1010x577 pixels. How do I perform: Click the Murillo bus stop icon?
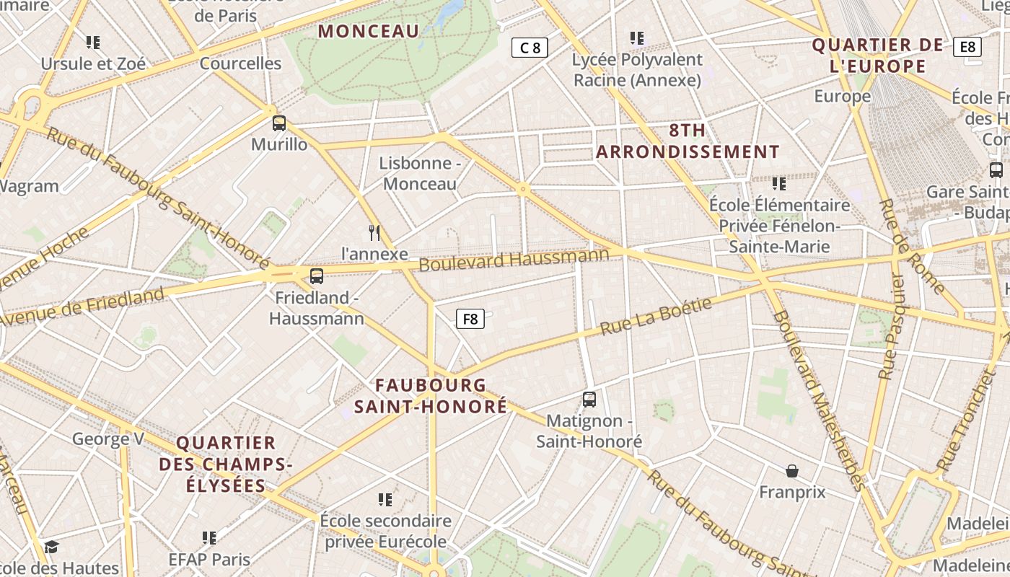point(279,123)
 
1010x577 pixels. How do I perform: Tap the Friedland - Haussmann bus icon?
point(316,276)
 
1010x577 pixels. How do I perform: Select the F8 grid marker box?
point(470,319)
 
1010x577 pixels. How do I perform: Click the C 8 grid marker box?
point(530,48)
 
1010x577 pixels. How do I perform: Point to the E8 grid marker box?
point(967,48)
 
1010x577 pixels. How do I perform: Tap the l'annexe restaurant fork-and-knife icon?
point(374,232)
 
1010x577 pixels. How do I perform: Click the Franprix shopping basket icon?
point(792,471)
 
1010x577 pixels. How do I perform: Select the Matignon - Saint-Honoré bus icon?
point(589,399)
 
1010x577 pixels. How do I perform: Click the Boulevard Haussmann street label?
point(514,260)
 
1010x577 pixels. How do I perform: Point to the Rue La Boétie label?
point(656,316)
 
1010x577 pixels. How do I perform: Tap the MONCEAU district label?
point(369,31)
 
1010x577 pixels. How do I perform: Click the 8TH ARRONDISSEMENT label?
point(688,141)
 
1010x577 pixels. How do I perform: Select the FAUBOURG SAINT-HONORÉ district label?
point(431,395)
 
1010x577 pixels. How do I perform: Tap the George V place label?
point(108,439)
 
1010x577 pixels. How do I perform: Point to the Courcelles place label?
point(240,63)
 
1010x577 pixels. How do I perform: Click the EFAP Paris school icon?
point(209,537)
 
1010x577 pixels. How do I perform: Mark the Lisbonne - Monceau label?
point(420,173)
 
